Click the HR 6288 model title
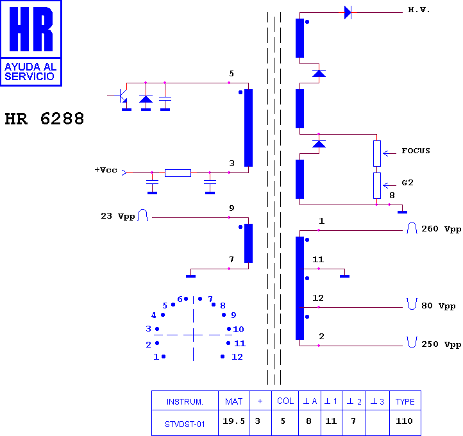tap(44, 119)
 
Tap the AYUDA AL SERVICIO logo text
tap(30, 71)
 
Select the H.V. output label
tap(419, 10)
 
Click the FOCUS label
tap(416, 151)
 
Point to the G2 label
tap(407, 183)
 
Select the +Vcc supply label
tap(106, 170)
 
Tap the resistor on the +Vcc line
tap(178, 173)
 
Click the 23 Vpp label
tap(118, 216)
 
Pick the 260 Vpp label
tap(441, 229)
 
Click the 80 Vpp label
tap(439, 306)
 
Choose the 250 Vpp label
tap(441, 344)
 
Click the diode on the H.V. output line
tap(348, 13)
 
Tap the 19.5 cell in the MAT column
tap(233, 421)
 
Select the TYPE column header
tap(405, 401)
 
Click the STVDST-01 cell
tap(185, 424)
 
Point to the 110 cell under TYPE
tap(404, 421)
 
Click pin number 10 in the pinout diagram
tap(239, 329)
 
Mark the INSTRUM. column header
tap(185, 402)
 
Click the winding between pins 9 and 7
tap(248, 243)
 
